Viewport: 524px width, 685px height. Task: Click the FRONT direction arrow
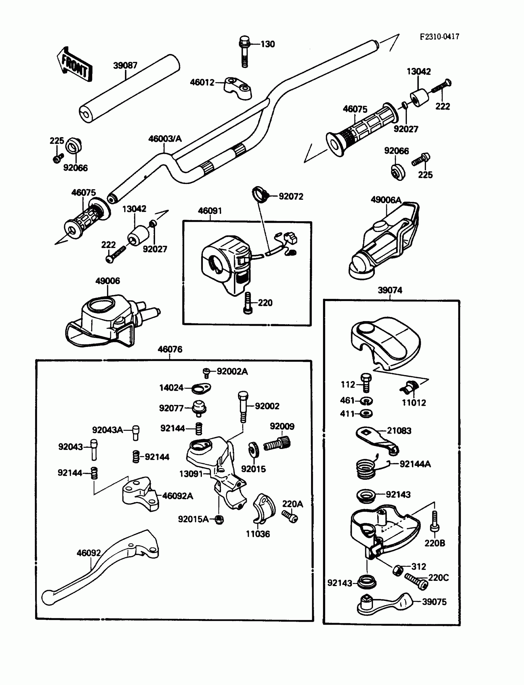(74, 64)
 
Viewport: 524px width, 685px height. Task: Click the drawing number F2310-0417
(439, 37)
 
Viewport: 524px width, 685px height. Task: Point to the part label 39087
(125, 65)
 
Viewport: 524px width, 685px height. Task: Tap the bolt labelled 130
(244, 51)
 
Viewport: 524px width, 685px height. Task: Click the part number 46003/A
(165, 138)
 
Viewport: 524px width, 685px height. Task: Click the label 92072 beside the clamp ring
(291, 196)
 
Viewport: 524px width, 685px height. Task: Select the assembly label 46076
(170, 349)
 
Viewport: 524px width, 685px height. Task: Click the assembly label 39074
(390, 290)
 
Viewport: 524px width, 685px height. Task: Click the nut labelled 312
(397, 571)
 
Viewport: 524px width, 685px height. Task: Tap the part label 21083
(399, 430)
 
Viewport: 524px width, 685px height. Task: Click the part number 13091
(191, 474)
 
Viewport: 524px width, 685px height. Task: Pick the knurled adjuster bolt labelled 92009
(277, 443)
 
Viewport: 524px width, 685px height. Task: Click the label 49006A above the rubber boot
(386, 200)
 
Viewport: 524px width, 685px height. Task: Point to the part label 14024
(171, 388)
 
